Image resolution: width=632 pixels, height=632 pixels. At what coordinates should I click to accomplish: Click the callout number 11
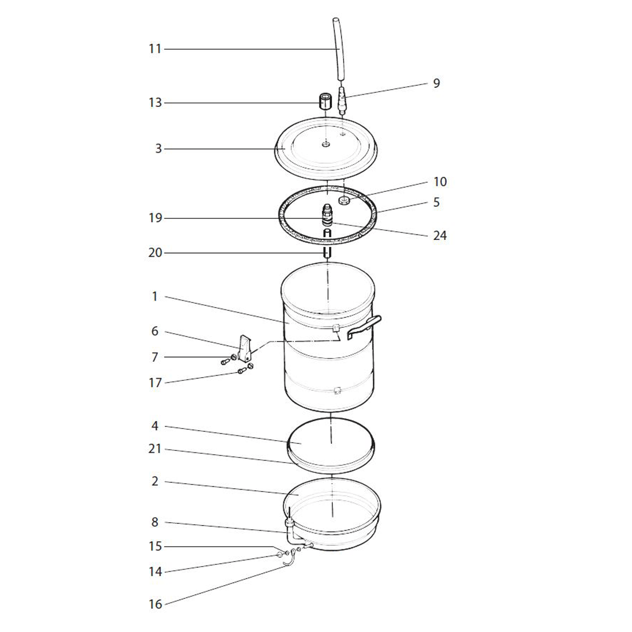click(x=155, y=49)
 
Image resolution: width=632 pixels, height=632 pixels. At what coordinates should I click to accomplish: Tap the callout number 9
click(x=437, y=83)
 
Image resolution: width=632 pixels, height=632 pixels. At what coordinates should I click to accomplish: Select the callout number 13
click(x=155, y=102)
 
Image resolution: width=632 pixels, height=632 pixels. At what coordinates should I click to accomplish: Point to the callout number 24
click(x=440, y=235)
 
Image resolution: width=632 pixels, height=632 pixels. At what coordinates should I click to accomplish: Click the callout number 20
click(x=155, y=252)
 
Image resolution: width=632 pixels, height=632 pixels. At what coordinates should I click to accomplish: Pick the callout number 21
click(x=155, y=448)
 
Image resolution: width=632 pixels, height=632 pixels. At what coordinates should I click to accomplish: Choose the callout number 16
click(x=155, y=604)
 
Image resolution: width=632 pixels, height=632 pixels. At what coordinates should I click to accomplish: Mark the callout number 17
click(x=155, y=383)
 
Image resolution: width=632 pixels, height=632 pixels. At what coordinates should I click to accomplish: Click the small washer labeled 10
click(x=344, y=200)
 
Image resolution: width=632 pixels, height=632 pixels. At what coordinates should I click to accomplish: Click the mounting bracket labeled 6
click(x=245, y=348)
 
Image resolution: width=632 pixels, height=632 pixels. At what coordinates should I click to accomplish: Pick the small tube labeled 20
click(x=328, y=253)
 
